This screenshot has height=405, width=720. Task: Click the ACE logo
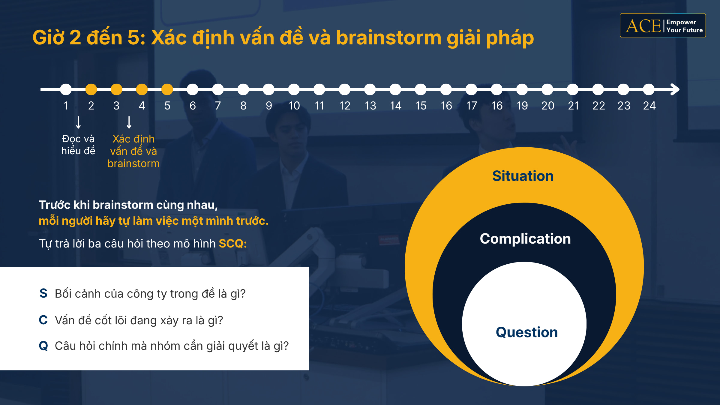click(x=663, y=25)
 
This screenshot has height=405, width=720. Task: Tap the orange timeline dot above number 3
click(x=116, y=89)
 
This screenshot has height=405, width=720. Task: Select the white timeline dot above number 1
click(x=66, y=89)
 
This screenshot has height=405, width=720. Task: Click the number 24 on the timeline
click(x=649, y=106)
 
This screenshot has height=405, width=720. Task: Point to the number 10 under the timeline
click(x=294, y=106)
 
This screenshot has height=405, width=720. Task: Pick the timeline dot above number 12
click(x=345, y=89)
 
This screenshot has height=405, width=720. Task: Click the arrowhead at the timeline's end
click(x=675, y=89)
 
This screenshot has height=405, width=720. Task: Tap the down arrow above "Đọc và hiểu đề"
click(x=78, y=122)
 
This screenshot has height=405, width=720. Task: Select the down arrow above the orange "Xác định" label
click(x=129, y=122)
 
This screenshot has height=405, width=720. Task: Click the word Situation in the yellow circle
click(x=523, y=176)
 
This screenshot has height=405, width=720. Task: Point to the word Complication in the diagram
click(x=525, y=239)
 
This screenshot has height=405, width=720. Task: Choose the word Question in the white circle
click(x=527, y=332)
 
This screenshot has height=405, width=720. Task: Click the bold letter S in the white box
click(x=43, y=293)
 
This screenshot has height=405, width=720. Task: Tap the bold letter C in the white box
click(x=43, y=320)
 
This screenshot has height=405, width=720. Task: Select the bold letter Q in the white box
click(x=43, y=346)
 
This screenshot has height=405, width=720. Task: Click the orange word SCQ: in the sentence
click(x=233, y=244)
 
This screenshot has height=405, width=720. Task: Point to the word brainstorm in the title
click(x=389, y=38)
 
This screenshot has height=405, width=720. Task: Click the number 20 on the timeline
click(x=548, y=106)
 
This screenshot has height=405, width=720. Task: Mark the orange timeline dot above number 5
click(x=167, y=89)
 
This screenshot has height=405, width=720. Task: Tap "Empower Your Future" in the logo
click(x=684, y=26)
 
